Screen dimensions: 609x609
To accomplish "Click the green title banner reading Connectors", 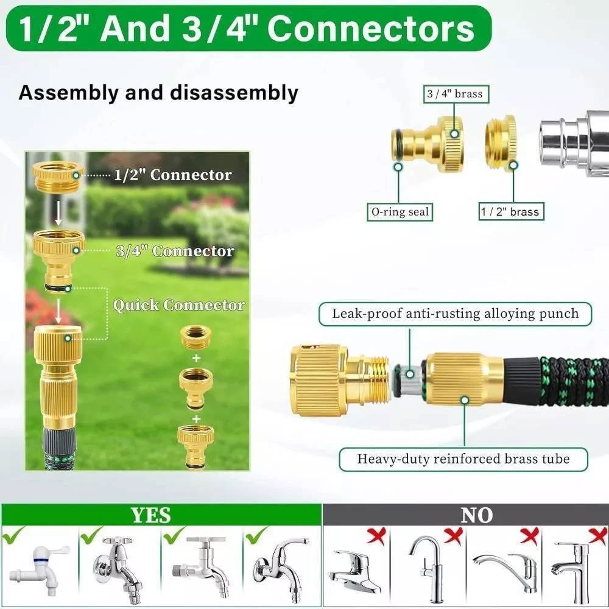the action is (x=248, y=28).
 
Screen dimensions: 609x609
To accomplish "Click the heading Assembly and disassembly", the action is (x=158, y=93).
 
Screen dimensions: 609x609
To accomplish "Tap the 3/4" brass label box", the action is (x=455, y=94).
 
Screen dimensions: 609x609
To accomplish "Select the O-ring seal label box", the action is (x=400, y=212).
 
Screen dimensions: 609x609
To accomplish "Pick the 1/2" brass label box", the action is (x=511, y=212).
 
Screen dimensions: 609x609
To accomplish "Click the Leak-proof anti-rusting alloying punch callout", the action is (x=455, y=314).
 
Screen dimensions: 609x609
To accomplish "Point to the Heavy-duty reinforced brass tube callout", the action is (x=463, y=459).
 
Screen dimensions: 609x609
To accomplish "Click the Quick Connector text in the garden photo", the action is (x=179, y=305).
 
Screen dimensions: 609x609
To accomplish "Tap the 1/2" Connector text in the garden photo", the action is (x=173, y=175).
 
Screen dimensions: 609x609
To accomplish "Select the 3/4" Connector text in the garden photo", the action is (x=175, y=251).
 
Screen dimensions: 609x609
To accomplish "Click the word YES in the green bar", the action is (x=150, y=515).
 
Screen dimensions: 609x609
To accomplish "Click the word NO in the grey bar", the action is (x=477, y=515).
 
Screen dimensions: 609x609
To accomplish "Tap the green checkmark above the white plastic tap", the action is (x=13, y=535).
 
